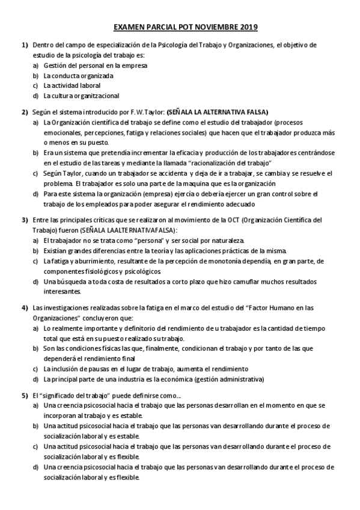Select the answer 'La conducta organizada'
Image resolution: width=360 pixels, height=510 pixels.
[x=78, y=75]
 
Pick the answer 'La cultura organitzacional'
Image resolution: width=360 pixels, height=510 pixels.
[x=81, y=95]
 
